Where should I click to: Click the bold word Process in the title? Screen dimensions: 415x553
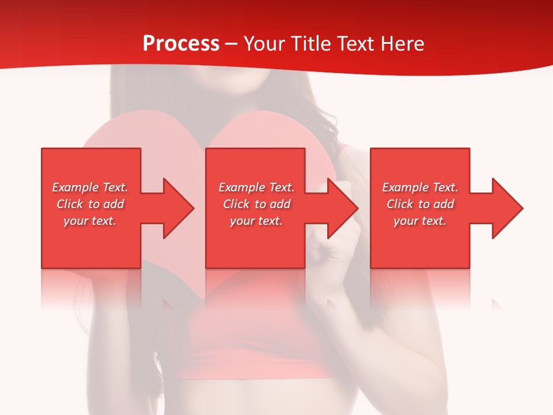pyautogui.click(x=181, y=44)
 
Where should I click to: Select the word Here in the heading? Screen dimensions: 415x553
pyautogui.click(x=402, y=44)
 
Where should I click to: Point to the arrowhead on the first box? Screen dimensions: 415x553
pyautogui.click(x=176, y=208)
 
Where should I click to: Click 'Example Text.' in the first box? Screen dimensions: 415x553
pyautogui.click(x=90, y=187)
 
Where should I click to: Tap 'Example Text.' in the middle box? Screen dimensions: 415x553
pyautogui.click(x=256, y=187)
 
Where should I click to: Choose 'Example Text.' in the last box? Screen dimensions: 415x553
pyautogui.click(x=420, y=187)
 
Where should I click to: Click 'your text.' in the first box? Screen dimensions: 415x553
pyautogui.click(x=90, y=221)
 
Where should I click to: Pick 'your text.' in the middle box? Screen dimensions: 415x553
pyautogui.click(x=256, y=221)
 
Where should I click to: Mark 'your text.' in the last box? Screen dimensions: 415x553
pyautogui.click(x=420, y=221)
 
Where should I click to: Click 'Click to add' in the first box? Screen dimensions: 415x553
pyautogui.click(x=90, y=204)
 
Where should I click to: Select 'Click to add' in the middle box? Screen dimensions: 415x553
pyautogui.click(x=256, y=204)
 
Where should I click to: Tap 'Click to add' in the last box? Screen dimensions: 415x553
pyautogui.click(x=420, y=204)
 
